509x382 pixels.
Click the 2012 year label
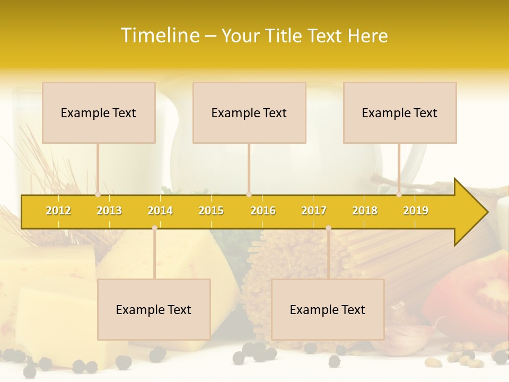point(58,211)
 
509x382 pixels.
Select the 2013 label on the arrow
point(109,211)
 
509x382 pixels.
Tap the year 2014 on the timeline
point(160,211)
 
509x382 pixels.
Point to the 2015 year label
point(211,211)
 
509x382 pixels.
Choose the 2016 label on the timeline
point(263,211)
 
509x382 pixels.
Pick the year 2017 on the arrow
point(314,211)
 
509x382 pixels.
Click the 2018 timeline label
point(365,211)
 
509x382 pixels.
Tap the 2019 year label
point(416,211)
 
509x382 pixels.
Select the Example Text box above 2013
point(99,112)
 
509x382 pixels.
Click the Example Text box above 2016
point(249,112)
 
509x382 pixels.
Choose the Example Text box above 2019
point(400,112)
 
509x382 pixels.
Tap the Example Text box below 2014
point(154,309)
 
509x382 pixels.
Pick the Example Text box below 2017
point(328,309)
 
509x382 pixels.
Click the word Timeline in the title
point(160,36)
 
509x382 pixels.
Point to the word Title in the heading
point(285,36)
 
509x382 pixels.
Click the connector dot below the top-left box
point(98,195)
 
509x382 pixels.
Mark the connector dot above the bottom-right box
point(328,228)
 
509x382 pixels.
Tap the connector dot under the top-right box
point(399,195)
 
